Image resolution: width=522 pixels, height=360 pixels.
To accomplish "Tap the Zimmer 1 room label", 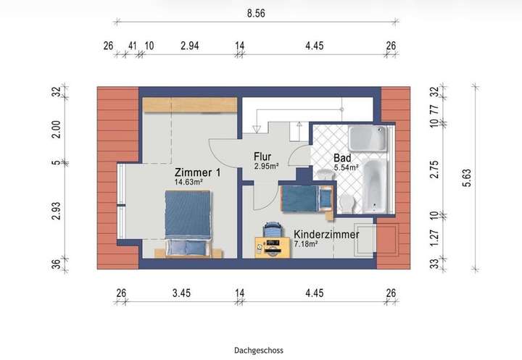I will click(196, 173).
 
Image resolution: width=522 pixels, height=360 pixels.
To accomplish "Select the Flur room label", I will click(262, 156).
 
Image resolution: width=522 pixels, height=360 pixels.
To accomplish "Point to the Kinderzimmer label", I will click(326, 235).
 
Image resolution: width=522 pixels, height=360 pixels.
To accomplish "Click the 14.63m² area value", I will click(187, 183).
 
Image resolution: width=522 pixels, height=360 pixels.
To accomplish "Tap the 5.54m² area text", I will click(347, 168).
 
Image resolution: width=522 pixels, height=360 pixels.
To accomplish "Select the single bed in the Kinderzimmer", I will click(305, 198).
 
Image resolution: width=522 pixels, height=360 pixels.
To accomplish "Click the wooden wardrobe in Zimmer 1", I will click(190, 104).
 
